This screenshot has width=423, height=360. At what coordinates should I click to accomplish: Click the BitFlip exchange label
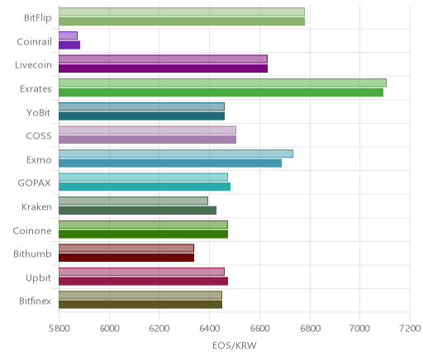click(x=38, y=18)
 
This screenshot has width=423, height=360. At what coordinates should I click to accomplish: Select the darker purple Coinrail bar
click(x=69, y=45)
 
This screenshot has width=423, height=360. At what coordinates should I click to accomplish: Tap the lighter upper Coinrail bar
click(x=68, y=36)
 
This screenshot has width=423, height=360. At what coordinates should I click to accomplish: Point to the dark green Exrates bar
click(x=221, y=92)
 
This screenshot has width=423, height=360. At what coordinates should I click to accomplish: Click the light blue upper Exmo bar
click(x=176, y=154)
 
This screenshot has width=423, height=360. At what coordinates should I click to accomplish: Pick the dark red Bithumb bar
click(x=126, y=258)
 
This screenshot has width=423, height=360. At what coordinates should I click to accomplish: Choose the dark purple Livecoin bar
click(x=163, y=69)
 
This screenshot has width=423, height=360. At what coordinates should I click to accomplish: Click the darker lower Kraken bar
click(x=137, y=211)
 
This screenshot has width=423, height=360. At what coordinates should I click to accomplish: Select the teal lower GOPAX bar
click(x=145, y=187)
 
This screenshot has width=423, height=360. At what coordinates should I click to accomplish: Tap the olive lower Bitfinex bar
click(x=140, y=305)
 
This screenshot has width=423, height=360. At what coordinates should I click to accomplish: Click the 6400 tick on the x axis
click(x=209, y=329)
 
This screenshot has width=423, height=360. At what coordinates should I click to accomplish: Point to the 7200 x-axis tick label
click(x=410, y=329)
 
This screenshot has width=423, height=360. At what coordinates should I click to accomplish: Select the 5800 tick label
click(x=59, y=329)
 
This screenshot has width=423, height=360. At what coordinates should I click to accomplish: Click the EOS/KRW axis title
click(x=235, y=345)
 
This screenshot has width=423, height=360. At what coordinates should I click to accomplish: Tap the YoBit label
click(x=39, y=113)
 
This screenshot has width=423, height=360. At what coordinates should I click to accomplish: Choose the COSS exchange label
click(x=39, y=136)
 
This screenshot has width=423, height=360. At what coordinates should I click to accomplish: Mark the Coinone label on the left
click(x=32, y=230)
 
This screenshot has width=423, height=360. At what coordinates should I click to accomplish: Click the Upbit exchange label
click(x=38, y=278)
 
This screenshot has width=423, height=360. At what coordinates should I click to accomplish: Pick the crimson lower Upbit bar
click(x=143, y=282)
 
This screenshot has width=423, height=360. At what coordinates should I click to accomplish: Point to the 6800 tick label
click(x=310, y=329)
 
